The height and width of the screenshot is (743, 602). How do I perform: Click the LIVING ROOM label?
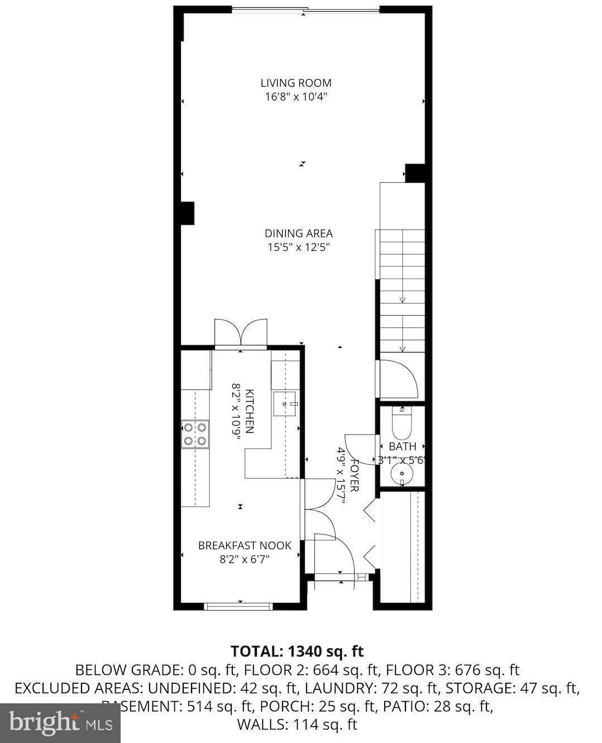[x=296, y=83]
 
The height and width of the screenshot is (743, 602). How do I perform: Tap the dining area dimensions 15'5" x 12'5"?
[x=299, y=247]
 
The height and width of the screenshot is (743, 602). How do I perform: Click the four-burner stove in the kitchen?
[x=195, y=434]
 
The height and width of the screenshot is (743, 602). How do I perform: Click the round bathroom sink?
[x=402, y=474]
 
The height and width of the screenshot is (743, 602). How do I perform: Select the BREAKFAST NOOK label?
[x=245, y=545]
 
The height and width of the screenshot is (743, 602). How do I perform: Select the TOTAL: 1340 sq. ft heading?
[x=297, y=651]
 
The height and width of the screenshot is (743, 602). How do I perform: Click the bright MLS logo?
[x=60, y=723]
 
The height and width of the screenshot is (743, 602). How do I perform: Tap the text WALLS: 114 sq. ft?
[x=297, y=725]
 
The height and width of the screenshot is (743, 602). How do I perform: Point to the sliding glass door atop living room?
[x=305, y=9]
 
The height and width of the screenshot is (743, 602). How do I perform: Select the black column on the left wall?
[x=187, y=213]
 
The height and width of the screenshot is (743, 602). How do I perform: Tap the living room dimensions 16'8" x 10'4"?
[x=296, y=97]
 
